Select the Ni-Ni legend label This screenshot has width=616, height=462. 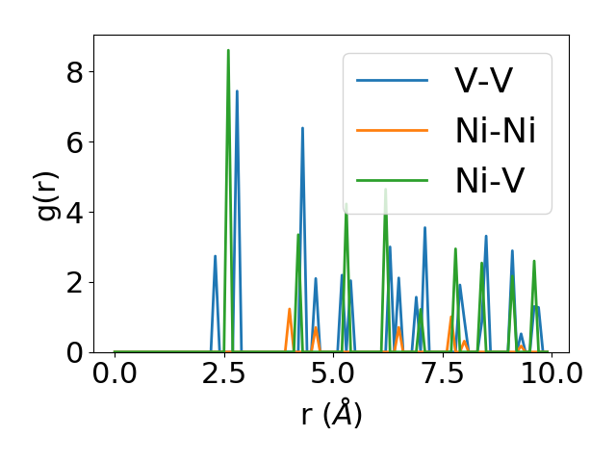pos(495,130)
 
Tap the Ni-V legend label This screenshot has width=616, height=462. pos(489,180)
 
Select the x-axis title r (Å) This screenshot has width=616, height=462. pos(331,415)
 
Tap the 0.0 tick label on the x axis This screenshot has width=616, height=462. pos(115,374)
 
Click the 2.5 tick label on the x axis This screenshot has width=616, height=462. pos(224,374)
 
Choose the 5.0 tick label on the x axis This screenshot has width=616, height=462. pos(333,374)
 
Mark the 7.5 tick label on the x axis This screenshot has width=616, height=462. pos(442,374)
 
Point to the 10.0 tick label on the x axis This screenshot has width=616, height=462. pos(545,374)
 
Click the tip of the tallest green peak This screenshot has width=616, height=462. pos(228,50)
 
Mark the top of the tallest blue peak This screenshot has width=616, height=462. pos(237,91)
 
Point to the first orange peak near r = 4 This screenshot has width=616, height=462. pos(289,309)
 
